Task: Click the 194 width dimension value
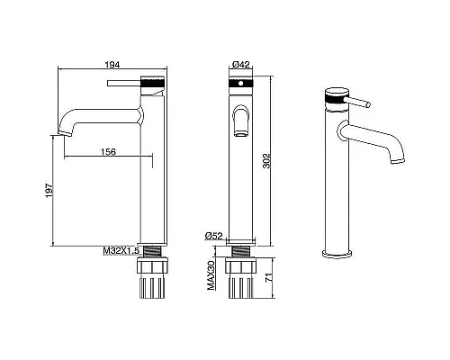click(x=112, y=65)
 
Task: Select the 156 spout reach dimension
click(x=108, y=152)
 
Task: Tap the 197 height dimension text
click(x=49, y=190)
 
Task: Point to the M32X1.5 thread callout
click(x=121, y=251)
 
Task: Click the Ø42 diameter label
click(x=241, y=65)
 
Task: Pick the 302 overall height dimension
click(x=266, y=161)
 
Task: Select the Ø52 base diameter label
click(x=214, y=236)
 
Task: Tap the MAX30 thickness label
click(x=211, y=275)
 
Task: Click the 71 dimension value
click(x=269, y=277)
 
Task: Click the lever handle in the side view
click(x=123, y=83)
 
